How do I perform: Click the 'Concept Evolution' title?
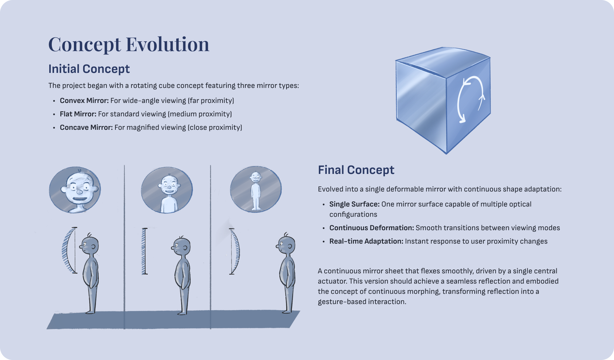click(x=129, y=44)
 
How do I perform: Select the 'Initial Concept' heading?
click(x=89, y=69)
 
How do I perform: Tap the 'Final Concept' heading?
click(x=356, y=170)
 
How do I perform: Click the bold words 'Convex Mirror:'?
click(x=84, y=101)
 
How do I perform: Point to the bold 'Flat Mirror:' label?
click(x=78, y=114)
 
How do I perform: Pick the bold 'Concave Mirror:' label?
click(x=86, y=128)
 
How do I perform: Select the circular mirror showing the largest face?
click(x=75, y=190)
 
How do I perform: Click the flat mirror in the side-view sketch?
click(x=145, y=251)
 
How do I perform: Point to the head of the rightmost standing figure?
click(x=286, y=245)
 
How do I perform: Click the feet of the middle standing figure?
click(x=182, y=312)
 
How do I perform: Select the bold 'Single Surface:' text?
click(x=354, y=204)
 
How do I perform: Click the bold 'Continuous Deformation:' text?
click(x=372, y=228)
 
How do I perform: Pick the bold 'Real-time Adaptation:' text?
click(x=366, y=241)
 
